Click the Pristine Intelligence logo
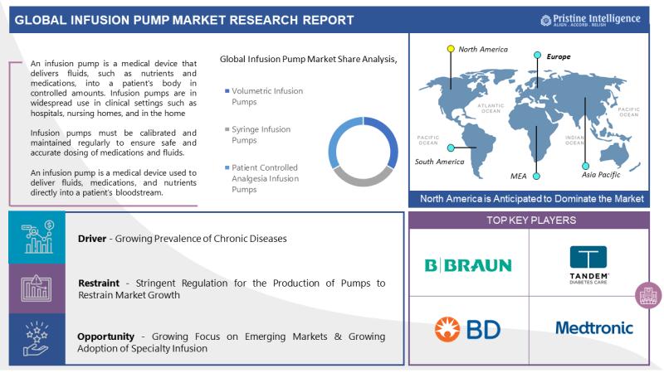(x=590, y=20)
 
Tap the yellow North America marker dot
(x=451, y=49)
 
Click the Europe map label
(x=559, y=56)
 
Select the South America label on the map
(x=439, y=162)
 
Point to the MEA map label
(x=518, y=176)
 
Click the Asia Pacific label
(x=600, y=175)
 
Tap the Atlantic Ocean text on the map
(x=491, y=109)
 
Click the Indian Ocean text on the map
(x=574, y=140)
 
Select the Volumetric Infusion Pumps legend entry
(x=264, y=96)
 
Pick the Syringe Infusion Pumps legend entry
(x=258, y=134)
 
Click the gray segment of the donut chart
(x=363, y=177)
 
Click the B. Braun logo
(x=468, y=265)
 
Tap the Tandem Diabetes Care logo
(x=588, y=264)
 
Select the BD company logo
(x=467, y=328)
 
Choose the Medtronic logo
(x=594, y=327)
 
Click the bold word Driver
(x=92, y=239)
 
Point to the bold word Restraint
(x=99, y=283)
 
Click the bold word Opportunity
(x=105, y=337)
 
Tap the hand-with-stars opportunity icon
(x=37, y=339)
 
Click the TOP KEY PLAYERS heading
(x=531, y=220)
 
